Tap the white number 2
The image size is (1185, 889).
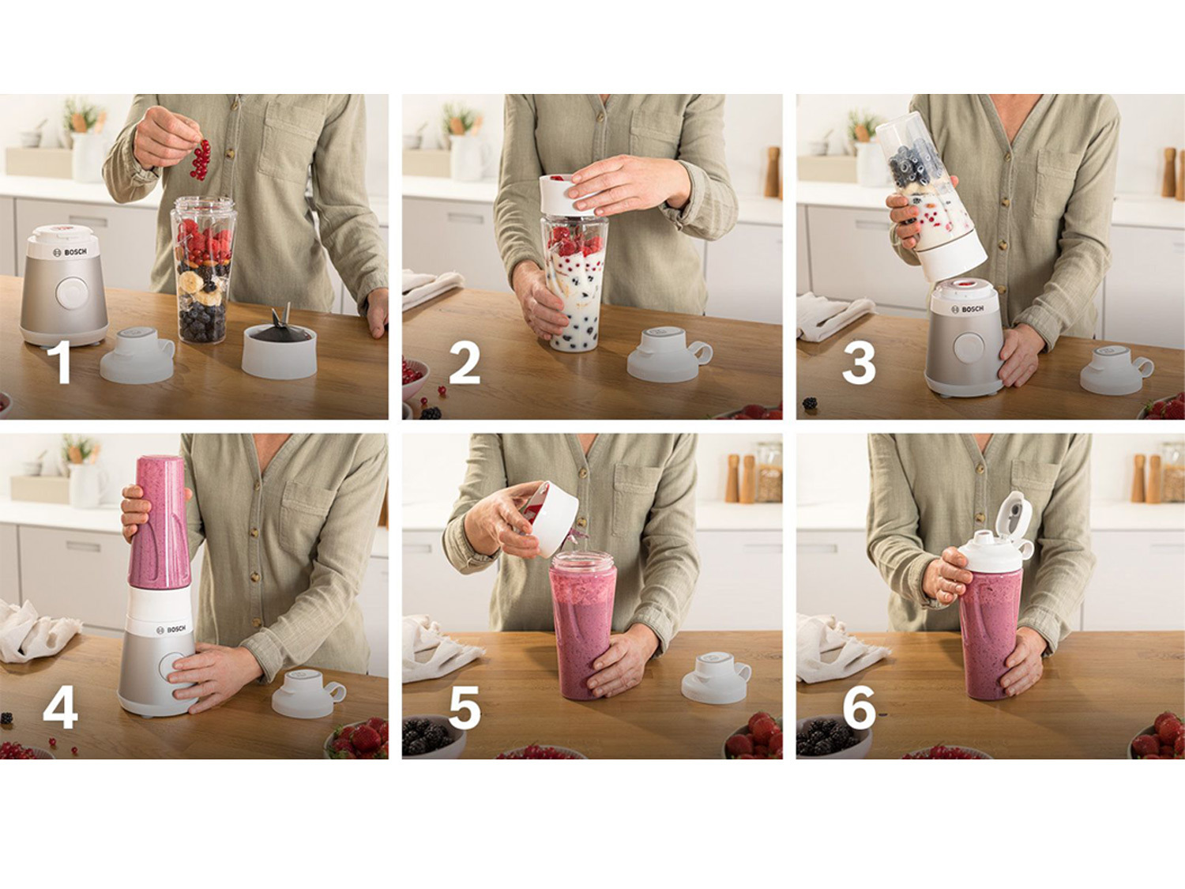pyautogui.click(x=465, y=364)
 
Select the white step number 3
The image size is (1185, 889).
pyautogui.click(x=859, y=364)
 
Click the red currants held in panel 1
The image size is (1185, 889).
pyautogui.click(x=200, y=160)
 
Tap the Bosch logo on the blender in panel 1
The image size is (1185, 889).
pyautogui.click(x=70, y=252)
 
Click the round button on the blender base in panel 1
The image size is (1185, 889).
pyautogui.click(x=72, y=294)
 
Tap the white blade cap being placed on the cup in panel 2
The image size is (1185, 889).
pyautogui.click(x=568, y=195)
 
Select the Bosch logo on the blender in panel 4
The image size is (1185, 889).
pyautogui.click(x=171, y=629)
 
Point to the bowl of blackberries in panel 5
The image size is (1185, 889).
pyautogui.click(x=432, y=736)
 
